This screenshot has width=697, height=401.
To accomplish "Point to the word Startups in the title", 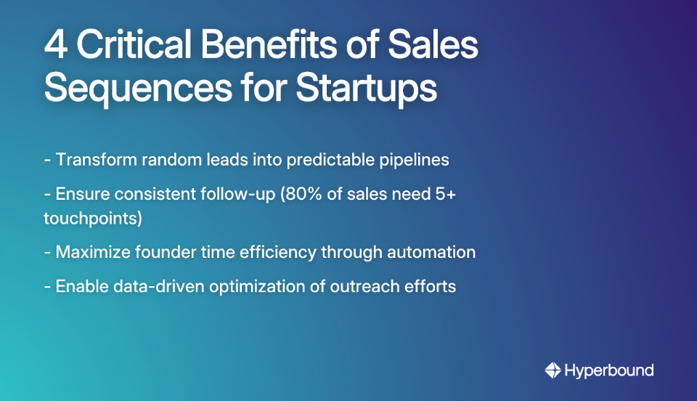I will point(366,89).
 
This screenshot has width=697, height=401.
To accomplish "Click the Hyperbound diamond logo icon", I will point(553,370).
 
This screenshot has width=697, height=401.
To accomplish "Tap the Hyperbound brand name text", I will point(608,370).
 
